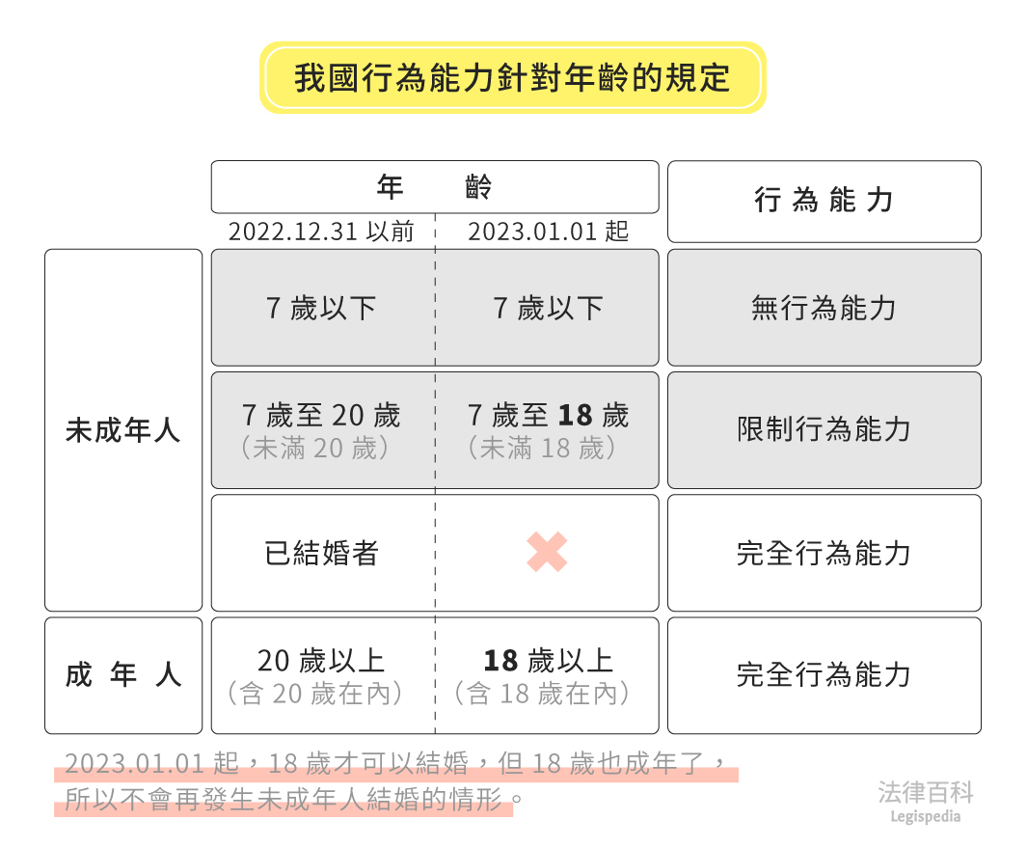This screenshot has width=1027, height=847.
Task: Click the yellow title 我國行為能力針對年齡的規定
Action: [x=512, y=77]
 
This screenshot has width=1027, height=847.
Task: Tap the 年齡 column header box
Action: [x=435, y=187]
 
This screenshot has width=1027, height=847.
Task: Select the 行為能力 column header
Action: [x=824, y=201]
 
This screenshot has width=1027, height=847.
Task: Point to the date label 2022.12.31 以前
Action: [x=321, y=232]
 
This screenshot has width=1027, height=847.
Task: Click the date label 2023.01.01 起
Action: [x=548, y=232]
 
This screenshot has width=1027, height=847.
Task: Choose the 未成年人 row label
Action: [x=123, y=430]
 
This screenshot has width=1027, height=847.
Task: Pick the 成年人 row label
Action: [x=123, y=675]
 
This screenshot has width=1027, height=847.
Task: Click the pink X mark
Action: [x=547, y=553]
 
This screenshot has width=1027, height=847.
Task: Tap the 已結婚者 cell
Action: [x=322, y=554]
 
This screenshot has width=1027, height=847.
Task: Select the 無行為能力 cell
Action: [x=824, y=309]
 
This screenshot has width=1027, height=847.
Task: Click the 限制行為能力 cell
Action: [x=824, y=430]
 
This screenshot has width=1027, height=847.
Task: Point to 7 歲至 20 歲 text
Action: [x=321, y=416]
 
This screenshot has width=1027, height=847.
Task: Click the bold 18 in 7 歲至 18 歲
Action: [x=575, y=416]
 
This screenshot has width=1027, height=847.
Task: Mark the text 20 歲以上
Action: [x=321, y=661]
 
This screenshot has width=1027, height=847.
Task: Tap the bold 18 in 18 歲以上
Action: [x=501, y=661]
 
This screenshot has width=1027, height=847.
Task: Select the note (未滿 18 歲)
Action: [x=547, y=449]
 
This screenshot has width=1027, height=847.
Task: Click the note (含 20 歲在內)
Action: [x=321, y=694]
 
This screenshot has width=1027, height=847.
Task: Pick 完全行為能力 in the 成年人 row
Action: [x=824, y=675]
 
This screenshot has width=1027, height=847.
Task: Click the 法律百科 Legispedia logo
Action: [x=926, y=802]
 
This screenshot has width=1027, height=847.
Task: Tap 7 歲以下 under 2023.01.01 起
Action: [x=548, y=309]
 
